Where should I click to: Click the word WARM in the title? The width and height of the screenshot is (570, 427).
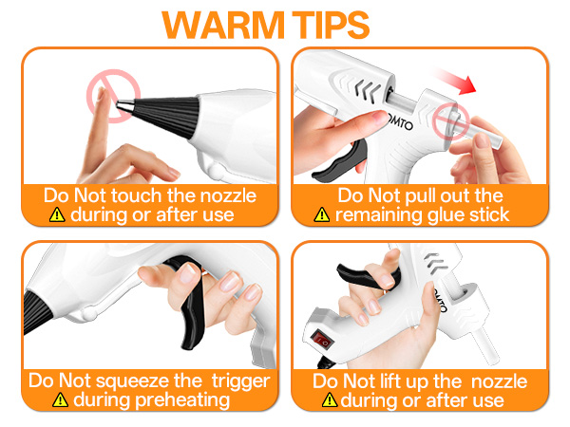[223, 25]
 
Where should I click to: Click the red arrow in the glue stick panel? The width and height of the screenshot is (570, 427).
[454, 81]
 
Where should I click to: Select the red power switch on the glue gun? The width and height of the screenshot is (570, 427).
[322, 340]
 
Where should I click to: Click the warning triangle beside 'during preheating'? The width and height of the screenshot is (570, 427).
[60, 400]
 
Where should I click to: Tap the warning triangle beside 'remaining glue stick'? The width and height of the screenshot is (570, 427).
[322, 214]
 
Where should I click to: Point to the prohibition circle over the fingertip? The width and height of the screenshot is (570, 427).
[113, 96]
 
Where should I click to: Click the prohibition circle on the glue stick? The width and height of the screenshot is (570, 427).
[450, 121]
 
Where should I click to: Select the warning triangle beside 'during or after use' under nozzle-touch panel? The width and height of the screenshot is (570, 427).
[57, 214]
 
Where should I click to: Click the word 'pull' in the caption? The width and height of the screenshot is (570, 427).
[416, 196]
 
